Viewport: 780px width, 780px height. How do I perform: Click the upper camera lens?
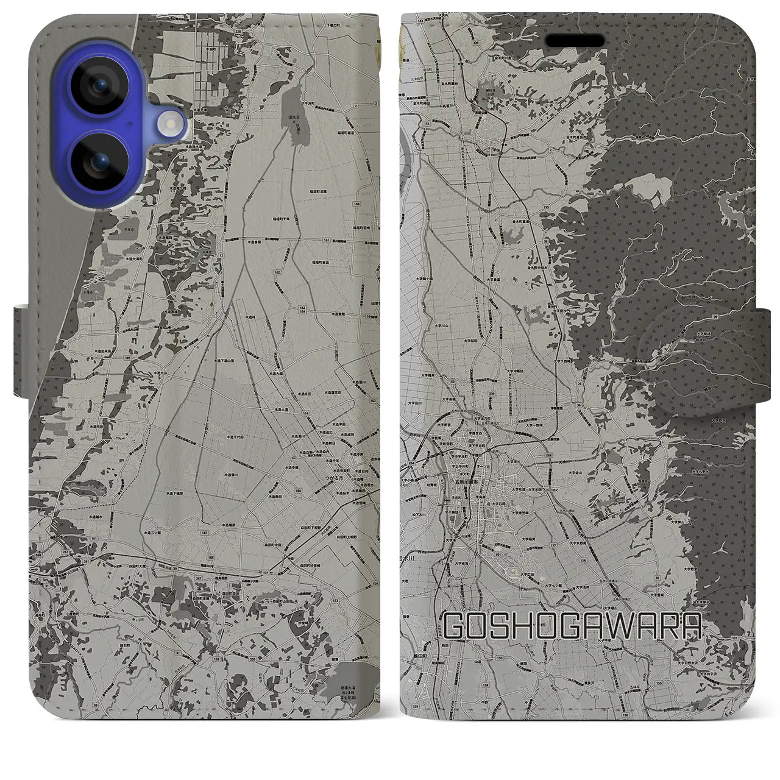tap(97, 87)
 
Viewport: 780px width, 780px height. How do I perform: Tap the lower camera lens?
tap(97, 165)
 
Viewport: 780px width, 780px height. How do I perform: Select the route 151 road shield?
tap(426, 124)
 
